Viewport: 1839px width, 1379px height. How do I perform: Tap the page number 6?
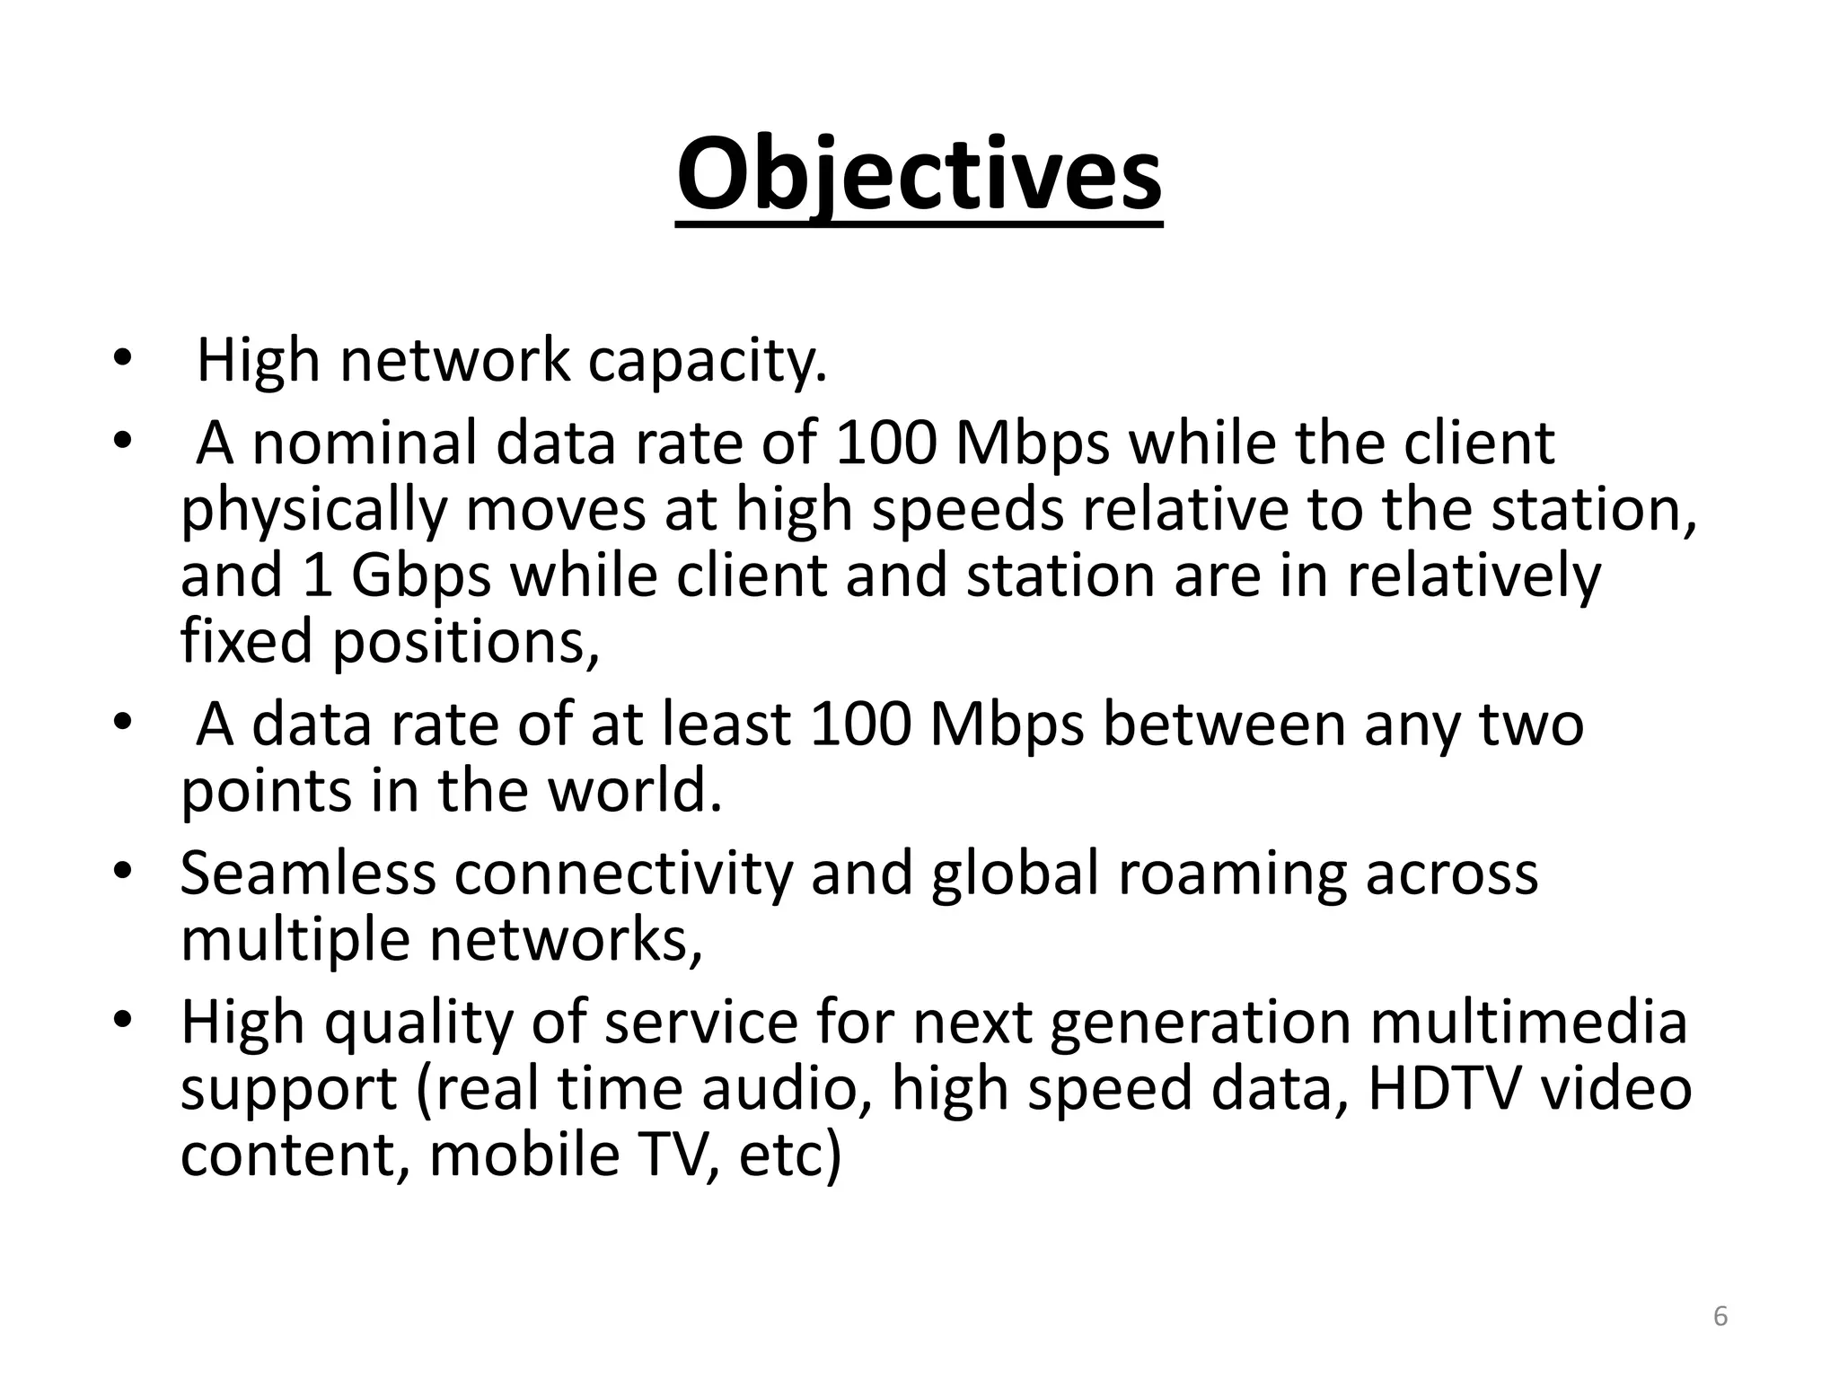click(x=1720, y=1316)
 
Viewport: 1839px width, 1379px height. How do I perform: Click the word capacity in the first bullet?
click(x=706, y=361)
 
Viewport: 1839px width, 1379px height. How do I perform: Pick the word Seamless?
click(x=308, y=873)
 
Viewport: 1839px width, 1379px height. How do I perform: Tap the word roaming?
click(x=1232, y=873)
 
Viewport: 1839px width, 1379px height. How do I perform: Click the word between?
click(x=1224, y=724)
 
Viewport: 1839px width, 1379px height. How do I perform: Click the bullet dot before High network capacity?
click(x=122, y=360)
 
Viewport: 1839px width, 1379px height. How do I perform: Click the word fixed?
click(x=248, y=641)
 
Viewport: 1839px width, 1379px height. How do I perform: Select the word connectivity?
click(x=624, y=873)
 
